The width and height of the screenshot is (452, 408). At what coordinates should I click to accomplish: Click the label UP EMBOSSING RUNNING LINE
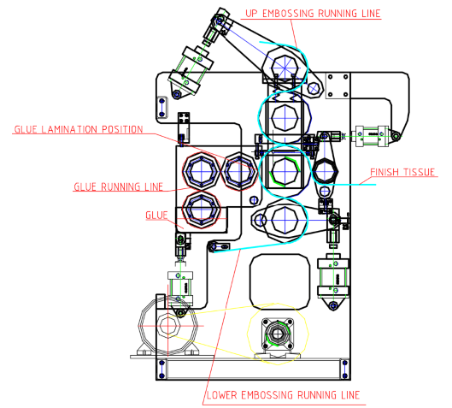(x=313, y=14)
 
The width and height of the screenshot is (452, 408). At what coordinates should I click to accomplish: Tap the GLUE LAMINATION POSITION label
(x=79, y=129)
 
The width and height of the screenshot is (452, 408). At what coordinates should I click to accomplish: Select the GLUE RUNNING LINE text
(x=119, y=186)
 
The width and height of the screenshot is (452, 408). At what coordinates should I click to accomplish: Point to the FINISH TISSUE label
(x=402, y=172)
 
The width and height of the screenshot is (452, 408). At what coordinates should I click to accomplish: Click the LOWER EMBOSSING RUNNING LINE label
(x=284, y=394)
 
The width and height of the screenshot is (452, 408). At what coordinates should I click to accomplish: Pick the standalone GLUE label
(x=156, y=215)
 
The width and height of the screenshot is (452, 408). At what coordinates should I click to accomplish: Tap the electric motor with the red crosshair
(x=168, y=326)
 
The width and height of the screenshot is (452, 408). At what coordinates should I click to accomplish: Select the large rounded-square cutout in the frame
(x=279, y=281)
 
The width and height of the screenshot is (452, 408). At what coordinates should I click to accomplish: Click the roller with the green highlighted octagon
(x=285, y=171)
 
